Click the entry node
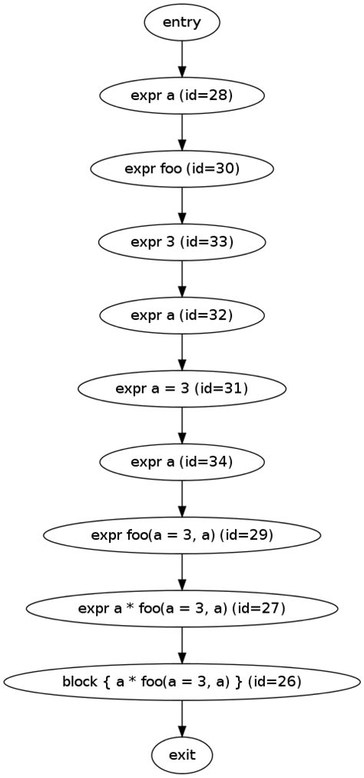coord(182,22)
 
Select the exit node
coord(182,755)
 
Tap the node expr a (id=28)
coord(182,95)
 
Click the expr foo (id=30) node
coord(182,168)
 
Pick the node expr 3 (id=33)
coord(182,242)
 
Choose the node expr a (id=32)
coord(182,315)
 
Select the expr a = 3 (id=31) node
coord(182,388)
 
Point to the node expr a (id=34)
coord(182,461)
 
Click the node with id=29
coord(182,535)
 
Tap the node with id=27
coord(182,608)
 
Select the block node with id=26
coord(182,682)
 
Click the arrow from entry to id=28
coord(182,58)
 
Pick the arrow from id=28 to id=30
coord(182,131)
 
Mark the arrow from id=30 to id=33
coord(182,205)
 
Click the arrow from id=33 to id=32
coord(182,278)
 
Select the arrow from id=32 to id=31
coord(182,351)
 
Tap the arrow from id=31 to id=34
coord(182,425)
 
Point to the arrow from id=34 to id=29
coord(182,498)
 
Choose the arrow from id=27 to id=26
coord(182,645)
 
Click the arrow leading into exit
coord(182,718)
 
